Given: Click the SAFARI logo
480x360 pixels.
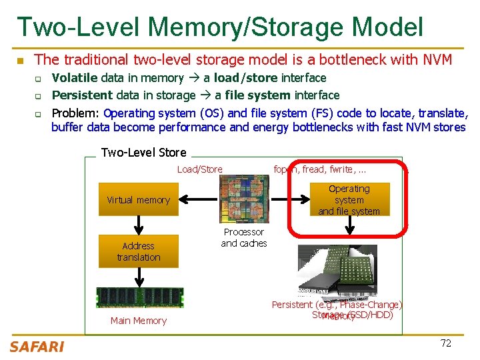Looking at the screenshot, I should pos(37,346).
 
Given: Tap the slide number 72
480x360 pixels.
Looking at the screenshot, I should pos(446,343).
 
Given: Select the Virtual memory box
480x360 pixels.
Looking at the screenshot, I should pos(139,200).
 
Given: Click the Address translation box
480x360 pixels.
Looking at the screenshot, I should pos(139,251).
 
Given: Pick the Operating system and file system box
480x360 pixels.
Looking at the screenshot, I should pos(349,200).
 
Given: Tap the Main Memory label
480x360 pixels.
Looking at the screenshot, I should pos(139,321).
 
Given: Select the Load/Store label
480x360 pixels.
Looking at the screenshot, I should pos(200,169).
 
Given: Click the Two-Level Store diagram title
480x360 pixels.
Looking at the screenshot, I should pos(143,153).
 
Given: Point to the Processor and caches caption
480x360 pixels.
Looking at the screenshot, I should pos(244,238).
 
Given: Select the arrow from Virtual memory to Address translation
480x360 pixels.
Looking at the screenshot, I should pos(139,225).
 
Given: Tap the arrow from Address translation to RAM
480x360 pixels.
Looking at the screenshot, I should pos(139,276).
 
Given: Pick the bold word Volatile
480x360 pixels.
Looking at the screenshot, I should pos(75,78).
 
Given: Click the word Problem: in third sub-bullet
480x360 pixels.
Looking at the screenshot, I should pos(76,113).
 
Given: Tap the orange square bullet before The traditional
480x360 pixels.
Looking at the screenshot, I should pos(21,61).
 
